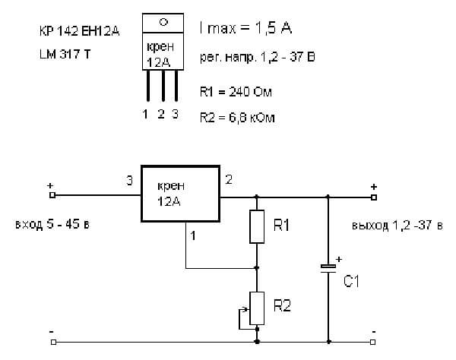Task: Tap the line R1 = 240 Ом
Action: point(234,92)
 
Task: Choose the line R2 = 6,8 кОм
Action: point(236,118)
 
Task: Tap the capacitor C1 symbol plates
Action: point(328,267)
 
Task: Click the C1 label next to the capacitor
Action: point(351,281)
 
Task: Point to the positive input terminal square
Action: point(52,195)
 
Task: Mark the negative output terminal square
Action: point(373,341)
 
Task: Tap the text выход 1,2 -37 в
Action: point(396,226)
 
